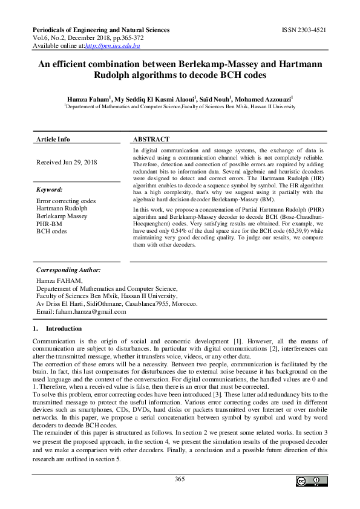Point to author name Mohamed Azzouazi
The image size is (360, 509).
point(264,98)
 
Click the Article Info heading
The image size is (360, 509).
point(53,139)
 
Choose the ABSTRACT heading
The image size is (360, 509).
point(151,139)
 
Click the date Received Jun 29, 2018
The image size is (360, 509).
point(67,162)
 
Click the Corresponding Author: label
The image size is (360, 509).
point(68,270)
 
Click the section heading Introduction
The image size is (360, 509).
point(64,328)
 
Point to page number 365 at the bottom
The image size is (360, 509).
point(180,479)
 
